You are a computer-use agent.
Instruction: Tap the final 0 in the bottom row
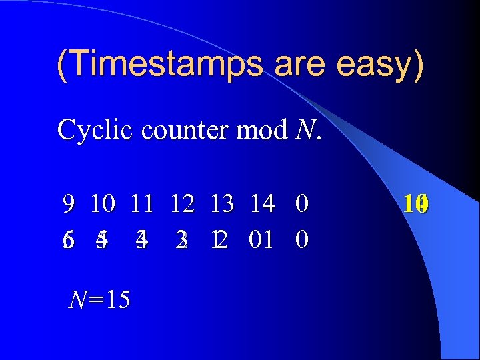(301, 239)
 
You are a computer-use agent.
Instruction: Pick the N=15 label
(100, 301)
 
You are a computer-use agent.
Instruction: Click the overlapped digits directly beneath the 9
(68, 239)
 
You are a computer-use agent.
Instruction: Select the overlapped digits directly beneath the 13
(219, 239)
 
